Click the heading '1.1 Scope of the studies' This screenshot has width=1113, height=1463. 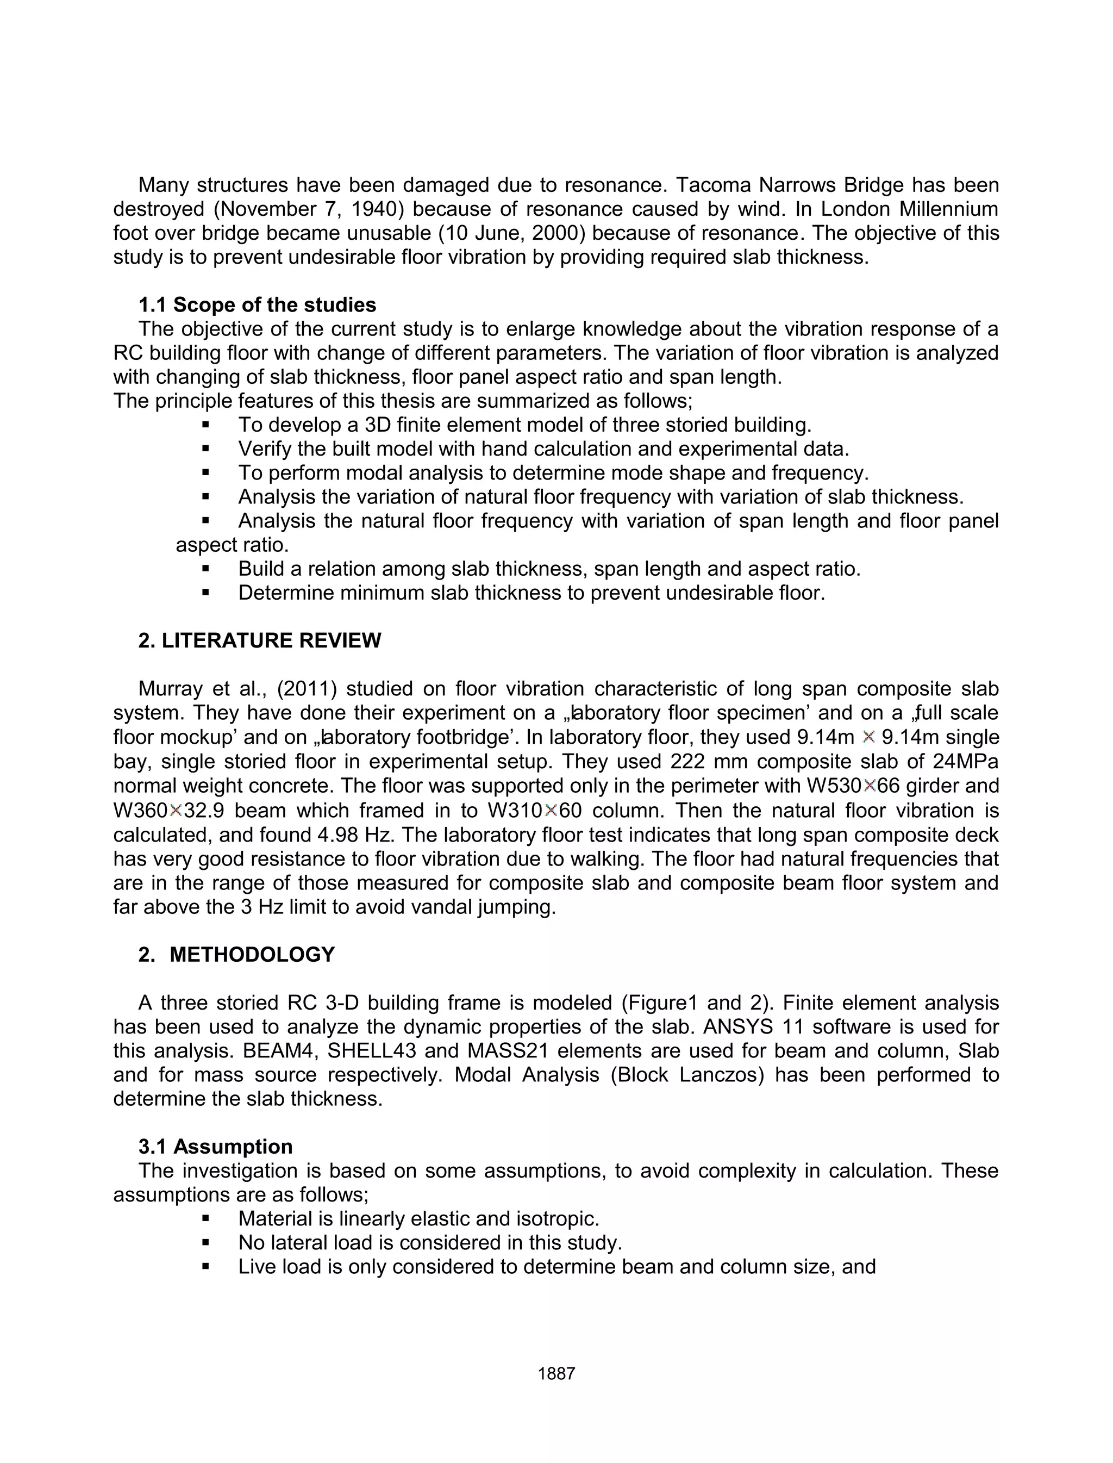[257, 305]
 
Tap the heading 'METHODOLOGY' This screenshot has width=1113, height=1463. [252, 954]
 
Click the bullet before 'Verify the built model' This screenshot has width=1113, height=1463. [205, 449]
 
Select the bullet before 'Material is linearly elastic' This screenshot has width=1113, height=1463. [205, 1218]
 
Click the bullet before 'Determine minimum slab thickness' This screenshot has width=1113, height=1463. [205, 593]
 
